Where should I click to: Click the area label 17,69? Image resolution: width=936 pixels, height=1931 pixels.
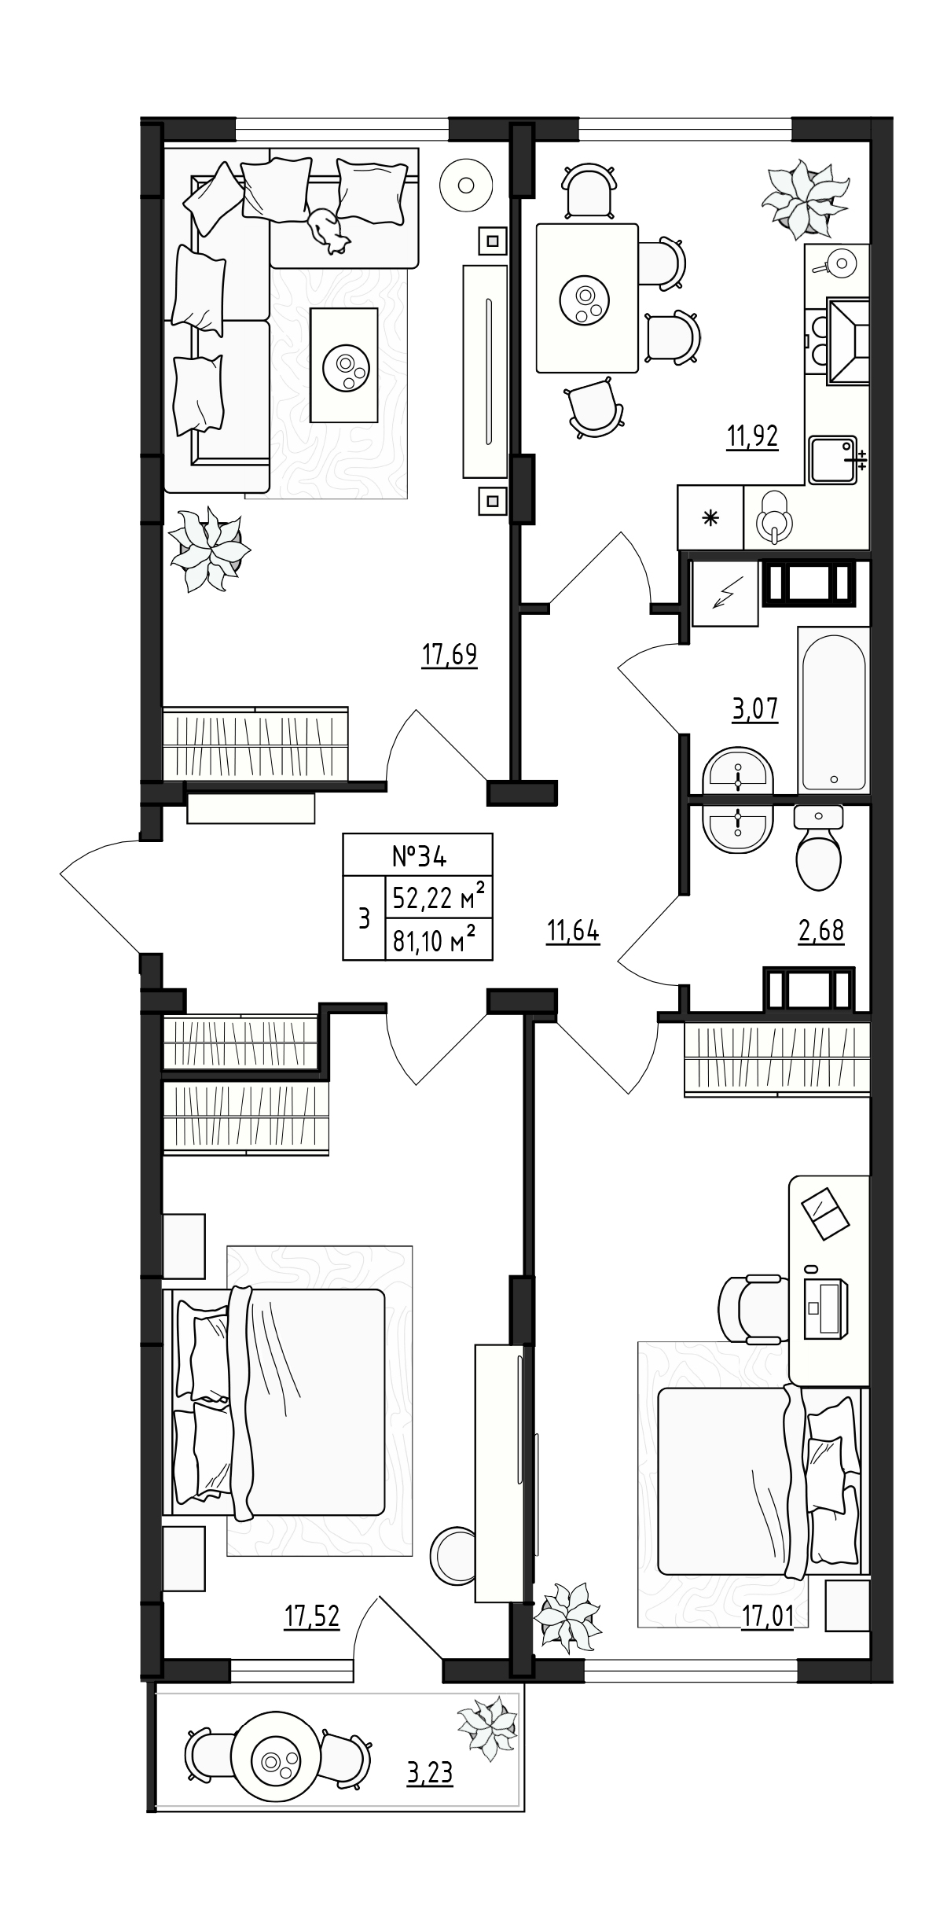tap(450, 655)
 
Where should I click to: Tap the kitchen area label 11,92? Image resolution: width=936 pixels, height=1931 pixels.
tap(752, 436)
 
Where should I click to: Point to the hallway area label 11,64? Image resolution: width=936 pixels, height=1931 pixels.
tap(573, 932)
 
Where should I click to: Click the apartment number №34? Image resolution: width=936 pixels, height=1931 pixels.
tap(419, 855)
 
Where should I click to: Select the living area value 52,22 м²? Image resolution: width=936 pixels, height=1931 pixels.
tap(438, 896)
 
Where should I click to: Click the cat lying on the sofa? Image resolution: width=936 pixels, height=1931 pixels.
tap(329, 229)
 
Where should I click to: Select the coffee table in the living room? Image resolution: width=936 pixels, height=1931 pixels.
tap(344, 365)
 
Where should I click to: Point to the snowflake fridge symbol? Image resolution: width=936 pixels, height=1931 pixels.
tap(711, 518)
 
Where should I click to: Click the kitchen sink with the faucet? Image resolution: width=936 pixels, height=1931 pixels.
tap(833, 460)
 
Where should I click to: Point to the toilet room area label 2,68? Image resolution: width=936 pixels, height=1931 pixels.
tap(820, 930)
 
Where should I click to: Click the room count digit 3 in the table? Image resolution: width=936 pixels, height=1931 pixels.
tap(364, 918)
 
